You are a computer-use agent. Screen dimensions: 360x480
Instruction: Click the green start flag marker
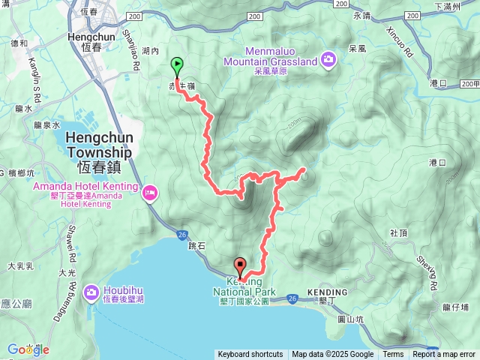pyautogui.click(x=177, y=66)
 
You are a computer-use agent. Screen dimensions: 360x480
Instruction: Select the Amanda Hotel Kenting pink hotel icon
pyautogui.click(x=150, y=193)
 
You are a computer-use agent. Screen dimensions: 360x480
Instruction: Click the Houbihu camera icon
pyautogui.click(x=91, y=291)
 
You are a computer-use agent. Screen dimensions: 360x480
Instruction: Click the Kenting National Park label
pyautogui.click(x=245, y=286)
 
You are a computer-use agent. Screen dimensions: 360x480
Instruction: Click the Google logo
pyautogui.click(x=28, y=349)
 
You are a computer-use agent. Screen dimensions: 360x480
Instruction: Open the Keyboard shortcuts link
pyautogui.click(x=250, y=355)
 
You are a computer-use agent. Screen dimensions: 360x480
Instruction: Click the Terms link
pyautogui.click(x=393, y=355)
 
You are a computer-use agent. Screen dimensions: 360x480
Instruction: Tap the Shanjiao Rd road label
pyautogui.click(x=137, y=55)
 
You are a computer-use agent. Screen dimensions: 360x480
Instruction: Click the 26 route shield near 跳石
pyautogui.click(x=182, y=235)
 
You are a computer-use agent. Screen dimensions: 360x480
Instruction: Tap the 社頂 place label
pyautogui.click(x=399, y=233)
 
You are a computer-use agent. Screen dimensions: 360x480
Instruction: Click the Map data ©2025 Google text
pyautogui.click(x=332, y=355)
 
